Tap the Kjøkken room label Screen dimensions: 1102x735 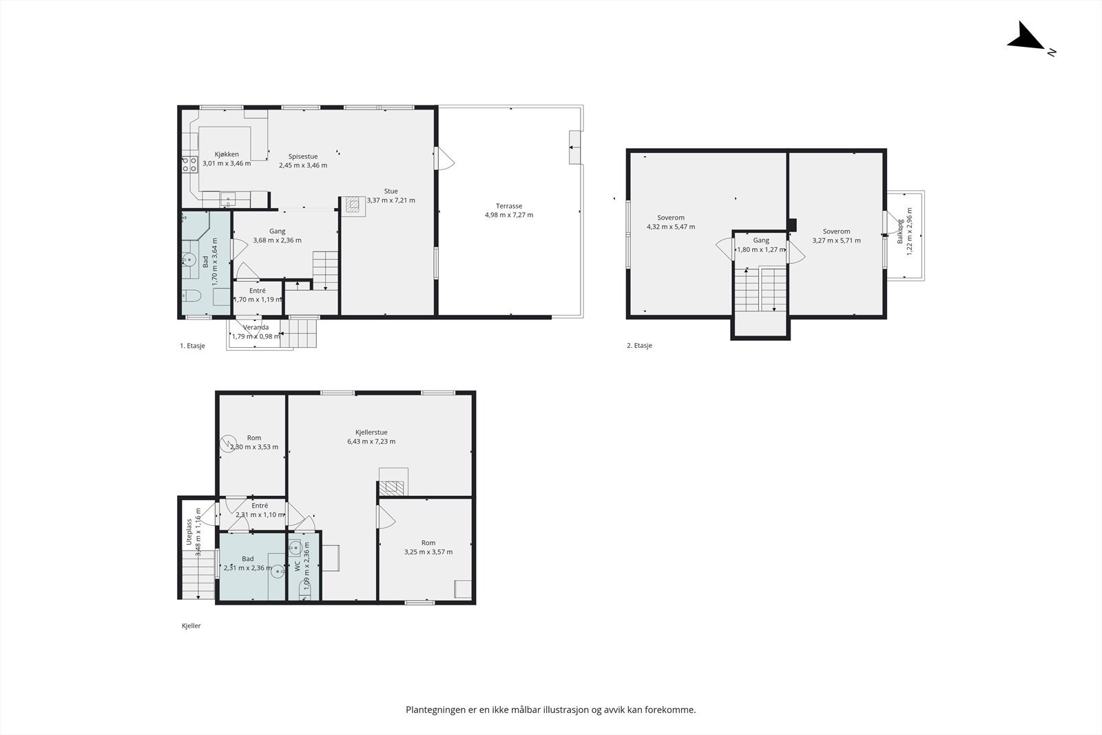point(227,154)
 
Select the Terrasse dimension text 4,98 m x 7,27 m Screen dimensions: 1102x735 point(509,215)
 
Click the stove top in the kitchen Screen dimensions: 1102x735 point(190,165)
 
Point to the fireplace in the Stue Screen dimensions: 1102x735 point(352,204)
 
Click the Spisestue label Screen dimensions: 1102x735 point(303,156)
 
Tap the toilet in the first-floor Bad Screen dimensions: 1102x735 point(192,296)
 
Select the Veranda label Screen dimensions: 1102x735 point(256,327)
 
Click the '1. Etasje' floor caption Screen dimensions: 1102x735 point(192,346)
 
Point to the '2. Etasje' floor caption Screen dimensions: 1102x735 point(640,345)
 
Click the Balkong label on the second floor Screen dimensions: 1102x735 point(900,231)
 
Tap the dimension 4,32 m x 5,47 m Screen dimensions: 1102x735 point(671,227)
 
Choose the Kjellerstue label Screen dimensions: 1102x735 point(371,433)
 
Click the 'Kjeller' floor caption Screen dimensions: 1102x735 point(191,625)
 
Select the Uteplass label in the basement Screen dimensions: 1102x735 point(189,532)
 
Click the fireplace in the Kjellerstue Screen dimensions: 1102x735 point(392,488)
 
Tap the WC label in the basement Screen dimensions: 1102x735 point(298,566)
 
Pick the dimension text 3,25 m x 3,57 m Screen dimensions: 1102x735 point(428,552)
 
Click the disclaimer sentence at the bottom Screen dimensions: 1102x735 point(551,710)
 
